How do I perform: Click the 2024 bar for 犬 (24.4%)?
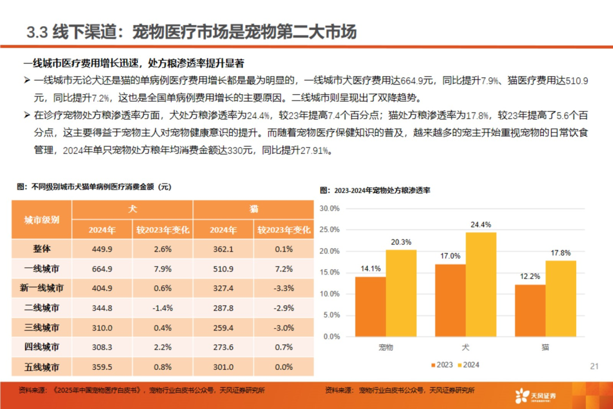pos(481,284)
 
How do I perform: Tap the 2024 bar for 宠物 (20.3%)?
pos(401,293)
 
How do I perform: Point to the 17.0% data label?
pos(451,256)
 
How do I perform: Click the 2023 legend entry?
pos(442,365)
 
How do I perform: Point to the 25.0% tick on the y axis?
pos(330,229)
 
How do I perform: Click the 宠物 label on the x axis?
pos(385,347)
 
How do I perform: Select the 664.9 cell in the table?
pos(102,269)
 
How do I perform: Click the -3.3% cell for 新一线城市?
pos(283,288)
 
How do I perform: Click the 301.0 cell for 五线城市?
pos(224,366)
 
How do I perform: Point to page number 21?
pos(595,366)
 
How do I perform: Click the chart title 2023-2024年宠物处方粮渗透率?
pos(375,190)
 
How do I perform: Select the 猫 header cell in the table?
pos(254,209)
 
